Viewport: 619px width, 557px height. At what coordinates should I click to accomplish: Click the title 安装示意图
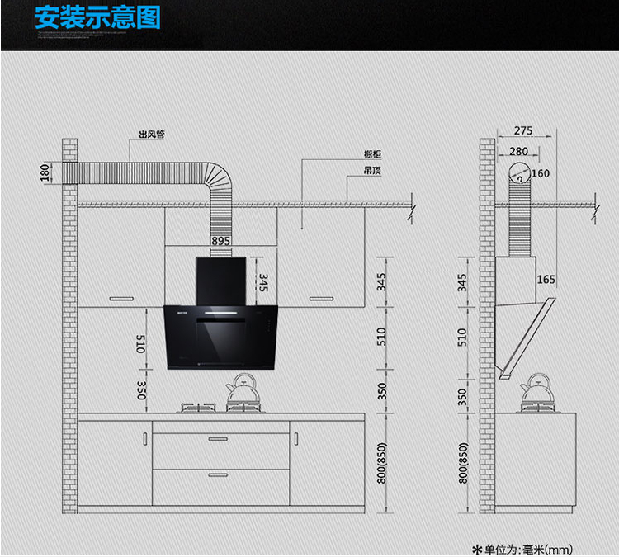point(97,18)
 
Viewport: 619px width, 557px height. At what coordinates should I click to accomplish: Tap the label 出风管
point(152,134)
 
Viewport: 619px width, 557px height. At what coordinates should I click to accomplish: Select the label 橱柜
point(372,154)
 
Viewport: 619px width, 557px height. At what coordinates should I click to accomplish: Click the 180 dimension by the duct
point(44,173)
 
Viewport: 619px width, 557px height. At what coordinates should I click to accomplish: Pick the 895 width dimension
point(220,241)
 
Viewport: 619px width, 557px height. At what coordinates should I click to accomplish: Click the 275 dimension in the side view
point(522,130)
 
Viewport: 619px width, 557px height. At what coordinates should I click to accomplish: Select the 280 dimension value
point(519,151)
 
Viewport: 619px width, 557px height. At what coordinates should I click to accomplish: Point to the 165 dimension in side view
point(546,280)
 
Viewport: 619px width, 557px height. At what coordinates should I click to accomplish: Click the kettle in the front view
point(243,391)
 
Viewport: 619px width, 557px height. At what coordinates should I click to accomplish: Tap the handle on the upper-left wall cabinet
point(121,297)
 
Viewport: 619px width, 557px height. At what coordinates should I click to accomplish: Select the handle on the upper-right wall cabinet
point(319,297)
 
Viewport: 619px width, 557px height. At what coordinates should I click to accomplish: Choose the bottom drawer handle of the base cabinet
point(220,474)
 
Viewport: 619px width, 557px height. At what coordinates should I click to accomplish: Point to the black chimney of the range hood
point(220,281)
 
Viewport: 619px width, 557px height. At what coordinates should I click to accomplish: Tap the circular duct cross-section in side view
point(517,174)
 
